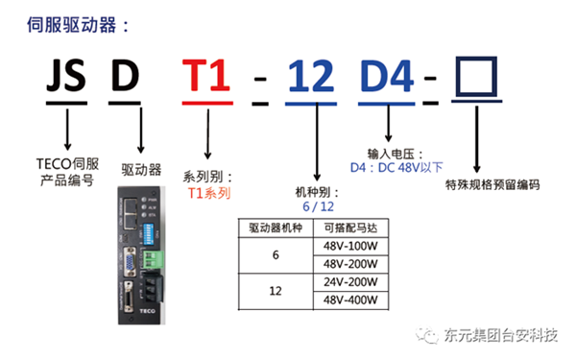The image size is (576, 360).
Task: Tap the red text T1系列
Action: pyautogui.click(x=209, y=193)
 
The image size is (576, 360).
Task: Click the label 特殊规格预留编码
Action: pyautogui.click(x=487, y=184)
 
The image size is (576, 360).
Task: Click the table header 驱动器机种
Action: pyautogui.click(x=276, y=228)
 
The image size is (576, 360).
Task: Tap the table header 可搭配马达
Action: pyautogui.click(x=350, y=228)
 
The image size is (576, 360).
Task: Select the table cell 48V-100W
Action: pyautogui.click(x=350, y=247)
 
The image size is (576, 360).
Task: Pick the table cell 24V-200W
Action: pyautogui.click(x=350, y=283)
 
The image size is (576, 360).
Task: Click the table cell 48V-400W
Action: pyautogui.click(x=350, y=301)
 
